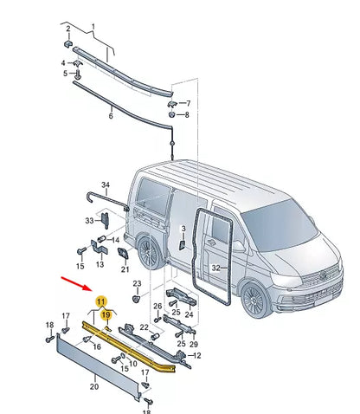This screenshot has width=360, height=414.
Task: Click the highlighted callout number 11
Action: [101, 301]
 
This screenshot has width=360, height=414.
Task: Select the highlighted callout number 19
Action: [106, 317]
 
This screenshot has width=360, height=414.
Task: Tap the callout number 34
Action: [106, 184]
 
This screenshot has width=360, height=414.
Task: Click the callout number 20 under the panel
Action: [93, 386]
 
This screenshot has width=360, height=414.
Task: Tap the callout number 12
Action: [196, 356]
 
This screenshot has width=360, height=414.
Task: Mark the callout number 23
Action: [137, 283]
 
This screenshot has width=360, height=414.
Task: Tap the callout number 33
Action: [89, 221]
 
